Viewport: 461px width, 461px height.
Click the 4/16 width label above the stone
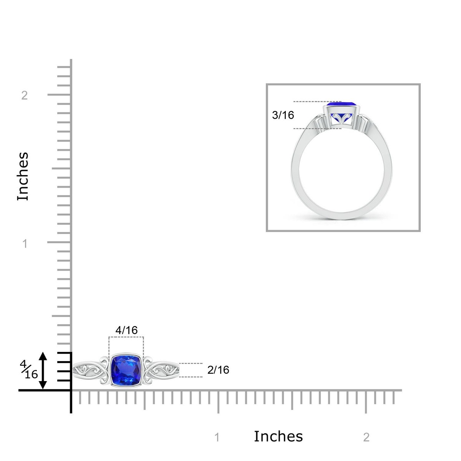[126, 330]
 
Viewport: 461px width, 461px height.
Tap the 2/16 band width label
[218, 370]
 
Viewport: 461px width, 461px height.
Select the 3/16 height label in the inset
[283, 115]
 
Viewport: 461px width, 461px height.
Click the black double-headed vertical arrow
[43, 370]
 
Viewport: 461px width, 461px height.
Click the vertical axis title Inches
[23, 176]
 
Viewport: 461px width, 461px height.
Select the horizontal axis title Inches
[278, 436]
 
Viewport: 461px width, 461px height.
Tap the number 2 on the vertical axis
[25, 95]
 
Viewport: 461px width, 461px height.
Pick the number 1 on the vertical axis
[25, 244]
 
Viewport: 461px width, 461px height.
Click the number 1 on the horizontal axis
[217, 437]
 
